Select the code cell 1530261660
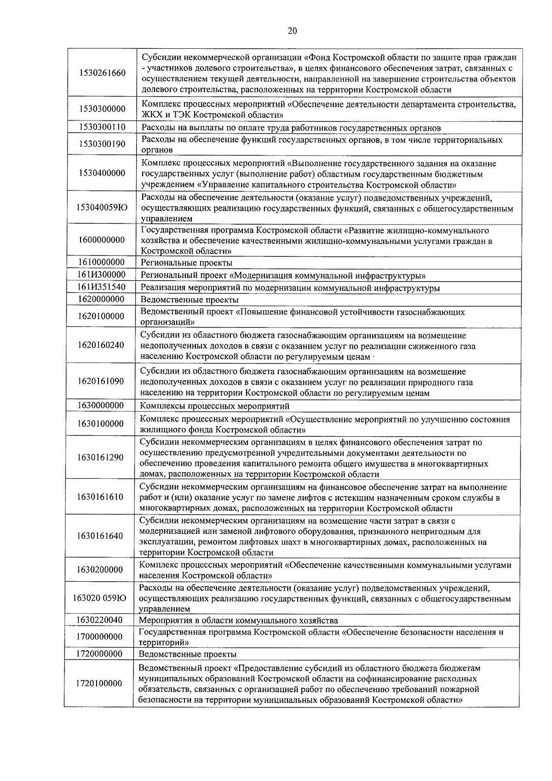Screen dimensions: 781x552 coord(102,73)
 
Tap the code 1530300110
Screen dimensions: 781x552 coord(102,127)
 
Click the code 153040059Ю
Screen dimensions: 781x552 coord(102,208)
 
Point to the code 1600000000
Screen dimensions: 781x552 coord(102,240)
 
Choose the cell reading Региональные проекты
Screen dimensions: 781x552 coord(186,263)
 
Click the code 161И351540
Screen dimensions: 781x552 coord(102,288)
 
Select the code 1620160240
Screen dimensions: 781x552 coord(101,345)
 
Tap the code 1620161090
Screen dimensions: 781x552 coord(101,382)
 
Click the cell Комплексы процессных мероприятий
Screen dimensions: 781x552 coord(215,406)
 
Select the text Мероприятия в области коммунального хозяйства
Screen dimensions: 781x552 coord(238,620)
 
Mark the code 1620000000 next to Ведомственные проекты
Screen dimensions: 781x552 coord(102,300)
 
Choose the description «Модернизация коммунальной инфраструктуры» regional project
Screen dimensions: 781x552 coord(283,276)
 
